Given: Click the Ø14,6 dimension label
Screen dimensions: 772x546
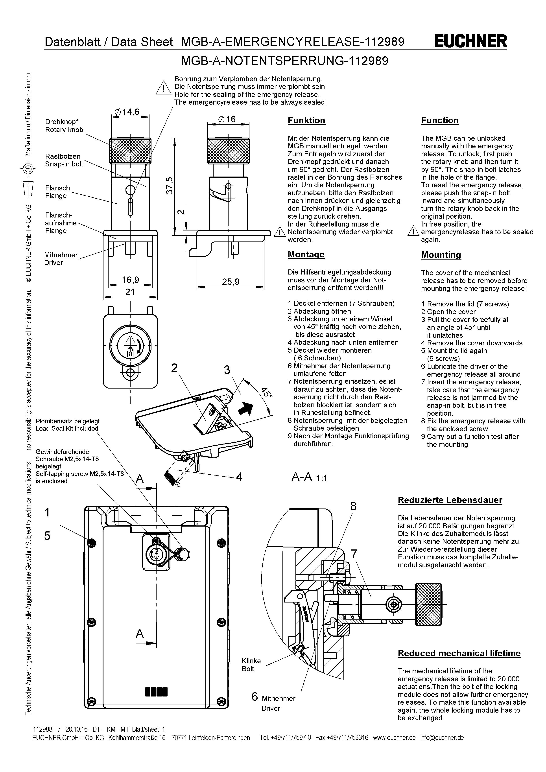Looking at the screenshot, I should [127, 112].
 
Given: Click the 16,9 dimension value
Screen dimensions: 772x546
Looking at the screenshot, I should [130, 280].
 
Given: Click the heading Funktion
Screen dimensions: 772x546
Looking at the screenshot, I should [306, 120].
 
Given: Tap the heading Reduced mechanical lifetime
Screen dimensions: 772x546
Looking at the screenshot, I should [459, 653].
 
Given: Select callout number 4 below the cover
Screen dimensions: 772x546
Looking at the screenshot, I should [239, 477].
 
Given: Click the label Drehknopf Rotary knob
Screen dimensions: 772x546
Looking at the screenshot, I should [64, 126].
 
